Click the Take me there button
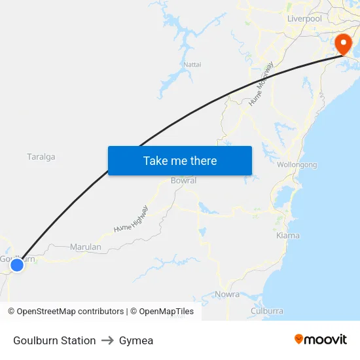[180, 160]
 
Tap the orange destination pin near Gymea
[343, 44]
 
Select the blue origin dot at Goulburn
[17, 264]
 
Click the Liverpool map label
[304, 19]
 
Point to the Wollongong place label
[297, 164]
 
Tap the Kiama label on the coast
[288, 235]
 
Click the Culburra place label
[267, 311]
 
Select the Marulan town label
[86, 247]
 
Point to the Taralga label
[41, 157]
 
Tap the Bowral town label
[183, 181]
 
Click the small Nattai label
[192, 64]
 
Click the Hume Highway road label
[131, 219]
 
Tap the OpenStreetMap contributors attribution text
[65, 312]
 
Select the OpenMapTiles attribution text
[162, 312]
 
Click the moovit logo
[321, 339]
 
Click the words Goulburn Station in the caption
[54, 340]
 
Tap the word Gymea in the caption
[136, 340]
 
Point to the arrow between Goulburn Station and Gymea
[107, 340]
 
